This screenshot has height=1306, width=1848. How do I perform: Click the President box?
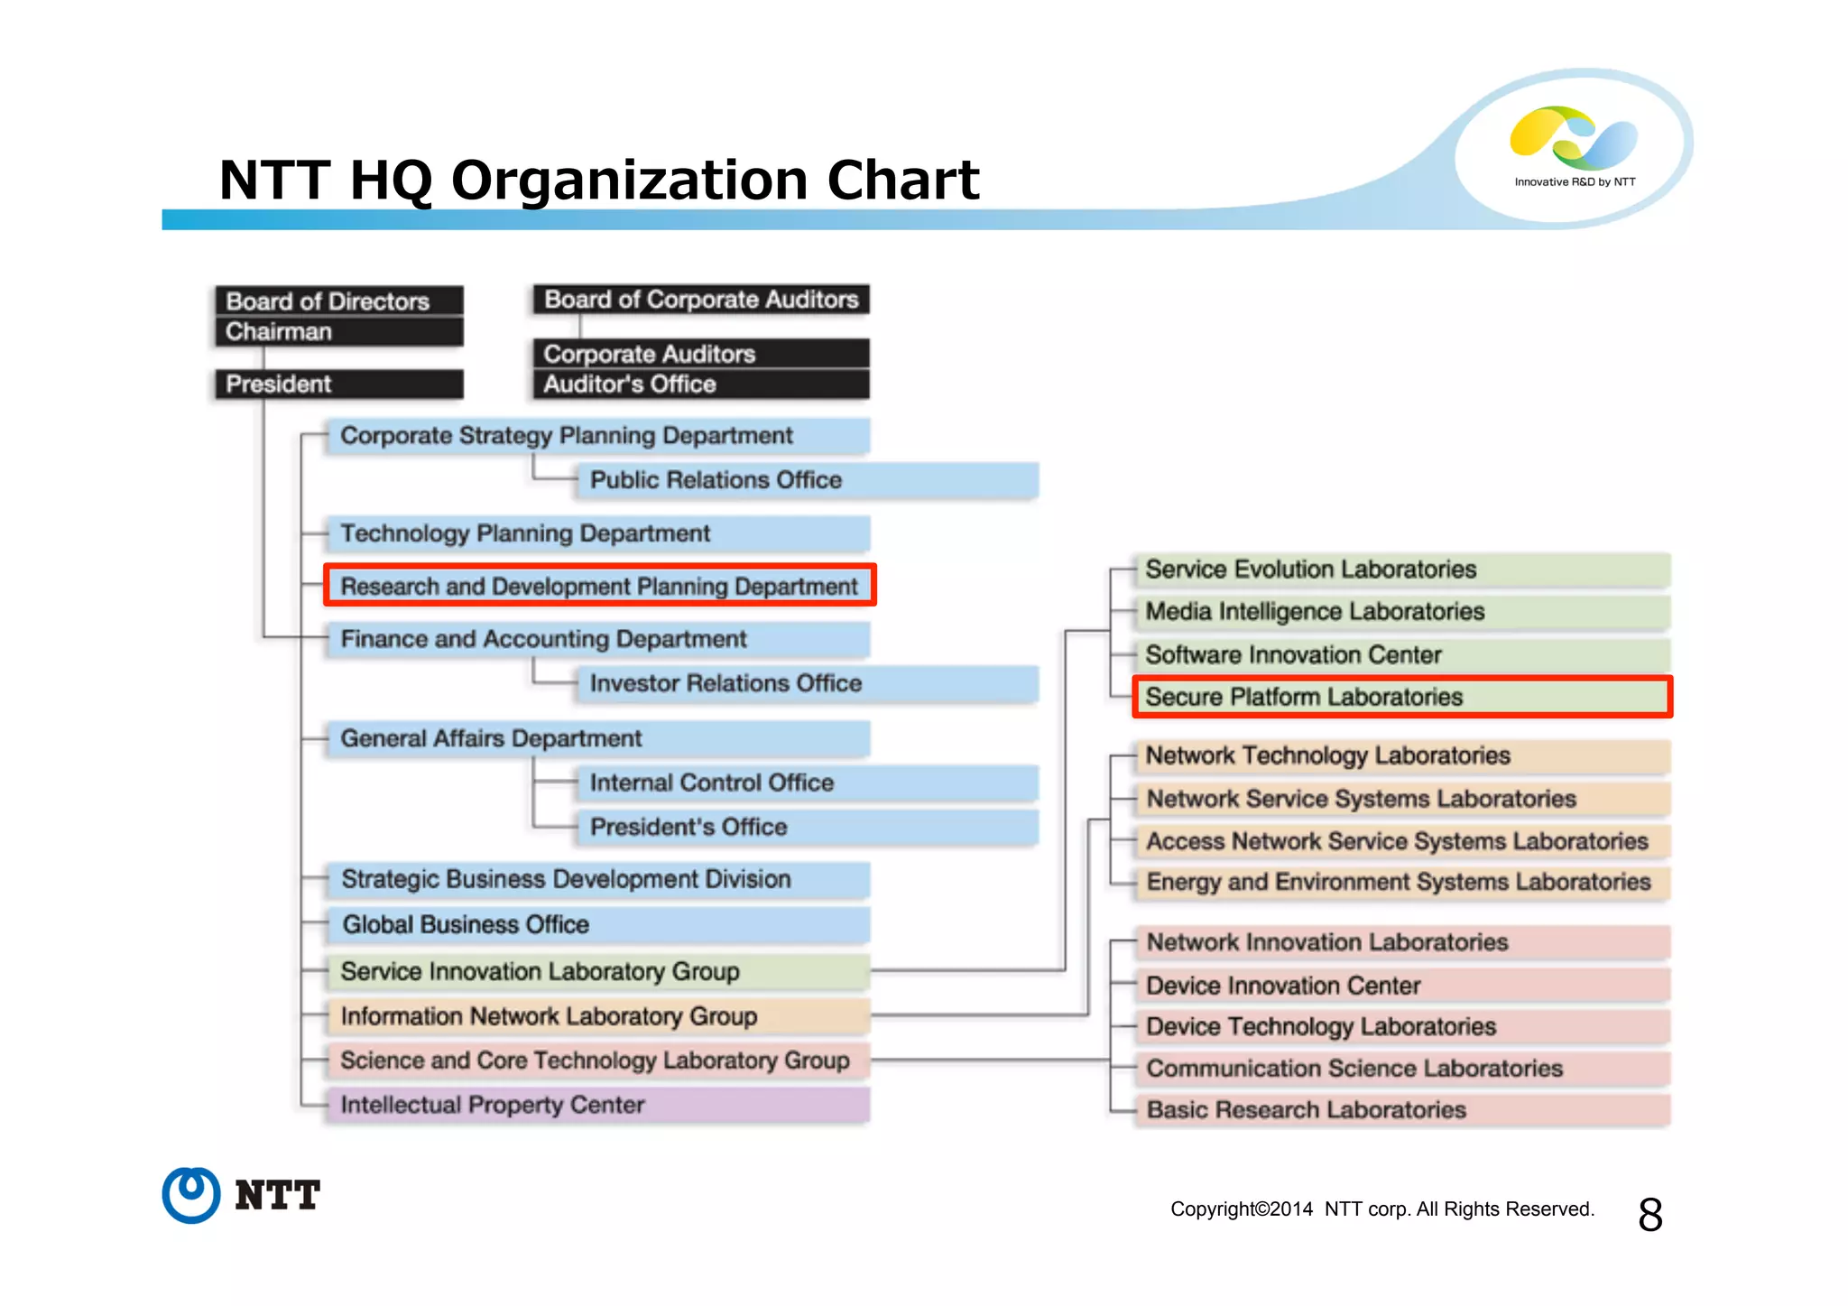coord(338,384)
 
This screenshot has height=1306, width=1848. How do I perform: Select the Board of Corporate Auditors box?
coord(701,300)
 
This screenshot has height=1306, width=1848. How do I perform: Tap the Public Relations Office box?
coord(807,480)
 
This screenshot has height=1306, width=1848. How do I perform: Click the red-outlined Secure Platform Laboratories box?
coord(1401,697)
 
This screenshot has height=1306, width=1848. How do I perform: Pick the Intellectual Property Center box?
coord(597,1105)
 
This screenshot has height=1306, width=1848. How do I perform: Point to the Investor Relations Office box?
coord(807,683)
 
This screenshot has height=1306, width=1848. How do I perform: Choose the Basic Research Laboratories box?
coord(1401,1110)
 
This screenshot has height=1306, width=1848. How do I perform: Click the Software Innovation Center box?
coord(1401,654)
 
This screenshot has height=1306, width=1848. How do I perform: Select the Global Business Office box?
coord(597,925)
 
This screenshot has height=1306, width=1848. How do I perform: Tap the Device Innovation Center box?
coord(1401,986)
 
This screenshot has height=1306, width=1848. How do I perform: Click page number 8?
coord(1649,1215)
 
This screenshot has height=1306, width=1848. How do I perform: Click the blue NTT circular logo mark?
coord(191,1195)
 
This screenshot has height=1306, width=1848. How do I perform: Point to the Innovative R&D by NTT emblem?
coord(1574,144)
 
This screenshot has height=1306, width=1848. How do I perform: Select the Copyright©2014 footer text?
coord(1381,1209)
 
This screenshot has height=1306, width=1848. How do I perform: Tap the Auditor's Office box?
coord(701,384)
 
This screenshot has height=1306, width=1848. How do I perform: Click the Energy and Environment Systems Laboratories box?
coord(1401,883)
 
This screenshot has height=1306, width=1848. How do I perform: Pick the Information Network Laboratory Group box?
coord(597,1016)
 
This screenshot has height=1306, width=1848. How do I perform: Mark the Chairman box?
coord(338,332)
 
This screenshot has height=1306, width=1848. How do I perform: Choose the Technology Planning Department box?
coord(597,533)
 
